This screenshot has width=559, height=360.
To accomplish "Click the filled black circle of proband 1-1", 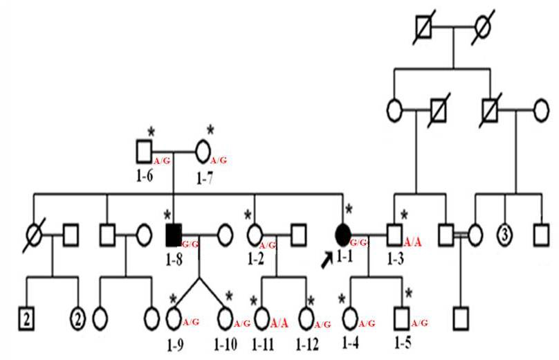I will click(x=342, y=235).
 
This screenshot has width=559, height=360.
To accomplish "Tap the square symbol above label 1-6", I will click(x=144, y=150).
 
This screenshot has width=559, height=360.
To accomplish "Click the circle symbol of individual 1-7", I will click(x=203, y=150).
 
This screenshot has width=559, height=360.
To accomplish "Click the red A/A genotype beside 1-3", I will click(x=413, y=242).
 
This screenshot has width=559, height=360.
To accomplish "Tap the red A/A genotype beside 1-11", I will click(x=279, y=323).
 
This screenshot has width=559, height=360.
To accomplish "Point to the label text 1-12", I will click(x=308, y=344).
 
